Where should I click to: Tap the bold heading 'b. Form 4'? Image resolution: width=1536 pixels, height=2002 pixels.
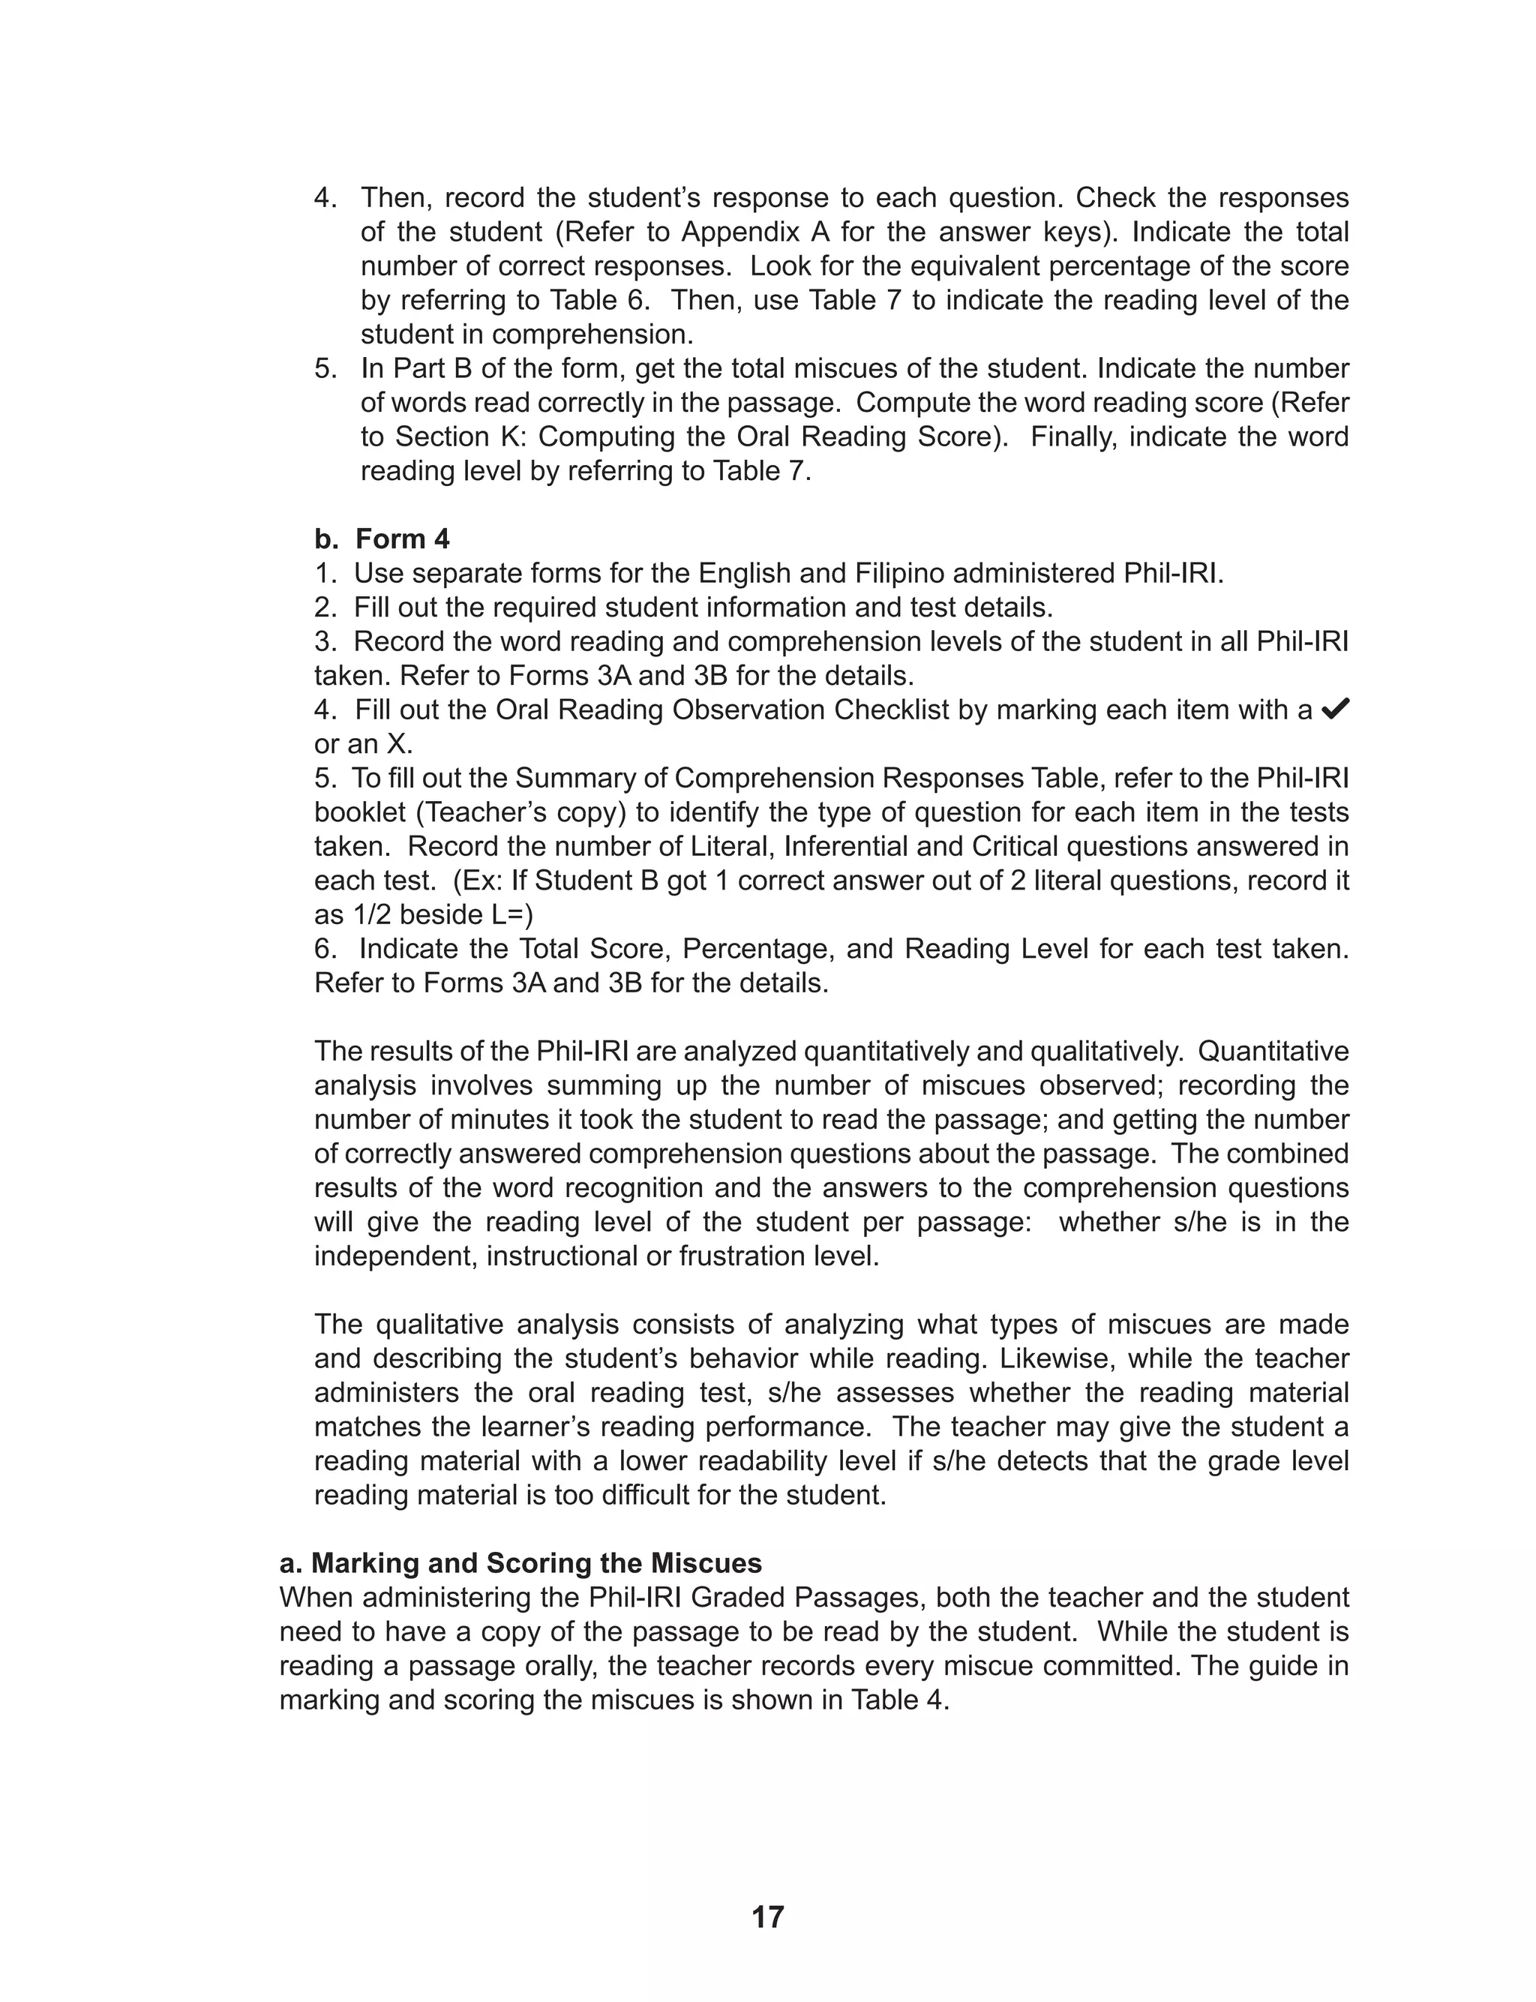(382, 539)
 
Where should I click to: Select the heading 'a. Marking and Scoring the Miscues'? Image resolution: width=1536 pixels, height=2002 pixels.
(520, 1562)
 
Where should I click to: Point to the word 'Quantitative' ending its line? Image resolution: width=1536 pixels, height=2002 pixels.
(1273, 1052)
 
